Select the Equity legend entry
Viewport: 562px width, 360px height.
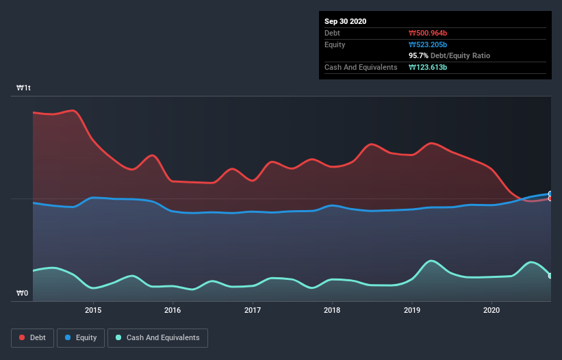(81, 337)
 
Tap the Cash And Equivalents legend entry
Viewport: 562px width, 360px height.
(158, 337)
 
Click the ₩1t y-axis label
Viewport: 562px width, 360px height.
(24, 88)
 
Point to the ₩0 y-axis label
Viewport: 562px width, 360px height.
(23, 294)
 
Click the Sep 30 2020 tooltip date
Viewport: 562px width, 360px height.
(346, 21)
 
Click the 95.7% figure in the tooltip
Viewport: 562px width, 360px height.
(419, 55)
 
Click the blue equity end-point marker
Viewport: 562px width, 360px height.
(550, 194)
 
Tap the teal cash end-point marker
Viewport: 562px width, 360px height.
(550, 275)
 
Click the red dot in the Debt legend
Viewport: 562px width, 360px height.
(23, 337)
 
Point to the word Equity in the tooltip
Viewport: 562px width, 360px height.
(335, 44)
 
